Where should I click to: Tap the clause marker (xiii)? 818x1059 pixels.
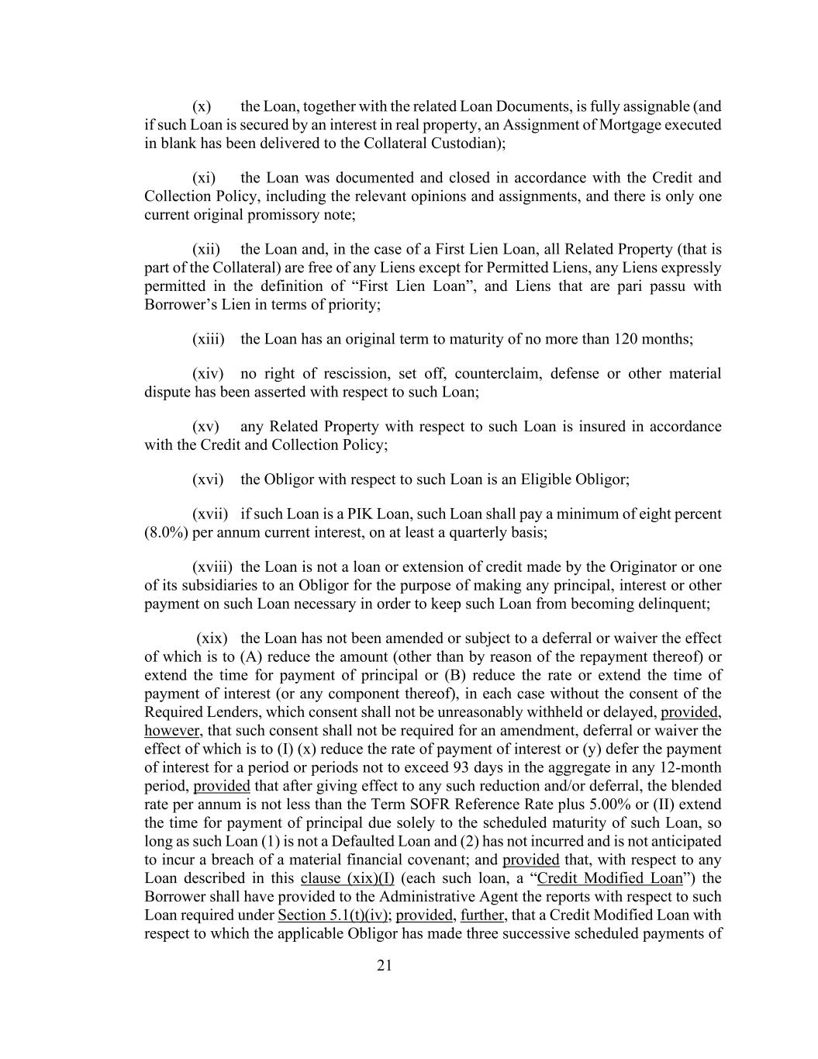tap(208, 339)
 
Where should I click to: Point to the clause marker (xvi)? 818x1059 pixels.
tap(208, 479)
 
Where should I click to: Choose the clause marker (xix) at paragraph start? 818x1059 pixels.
tap(212, 639)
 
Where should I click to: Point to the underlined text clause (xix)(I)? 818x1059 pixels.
tap(347, 878)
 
